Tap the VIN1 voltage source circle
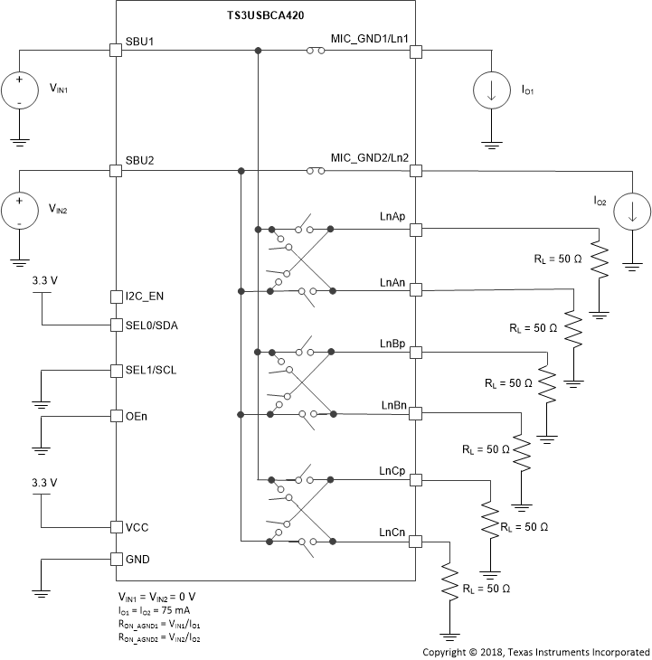pos(18,90)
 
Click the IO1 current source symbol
pos(493,90)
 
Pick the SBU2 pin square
pos(116,170)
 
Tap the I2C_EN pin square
pos(116,296)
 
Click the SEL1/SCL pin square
pos(116,371)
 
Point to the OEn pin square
pos(116,416)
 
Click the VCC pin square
pos(116,526)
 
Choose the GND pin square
pos(116,559)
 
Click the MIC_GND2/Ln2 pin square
pos(416,170)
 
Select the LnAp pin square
pos(416,230)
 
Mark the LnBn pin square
pos(416,414)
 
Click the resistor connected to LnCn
pos(449,582)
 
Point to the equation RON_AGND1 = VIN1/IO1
pos(159,624)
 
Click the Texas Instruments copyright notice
pos(535,651)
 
